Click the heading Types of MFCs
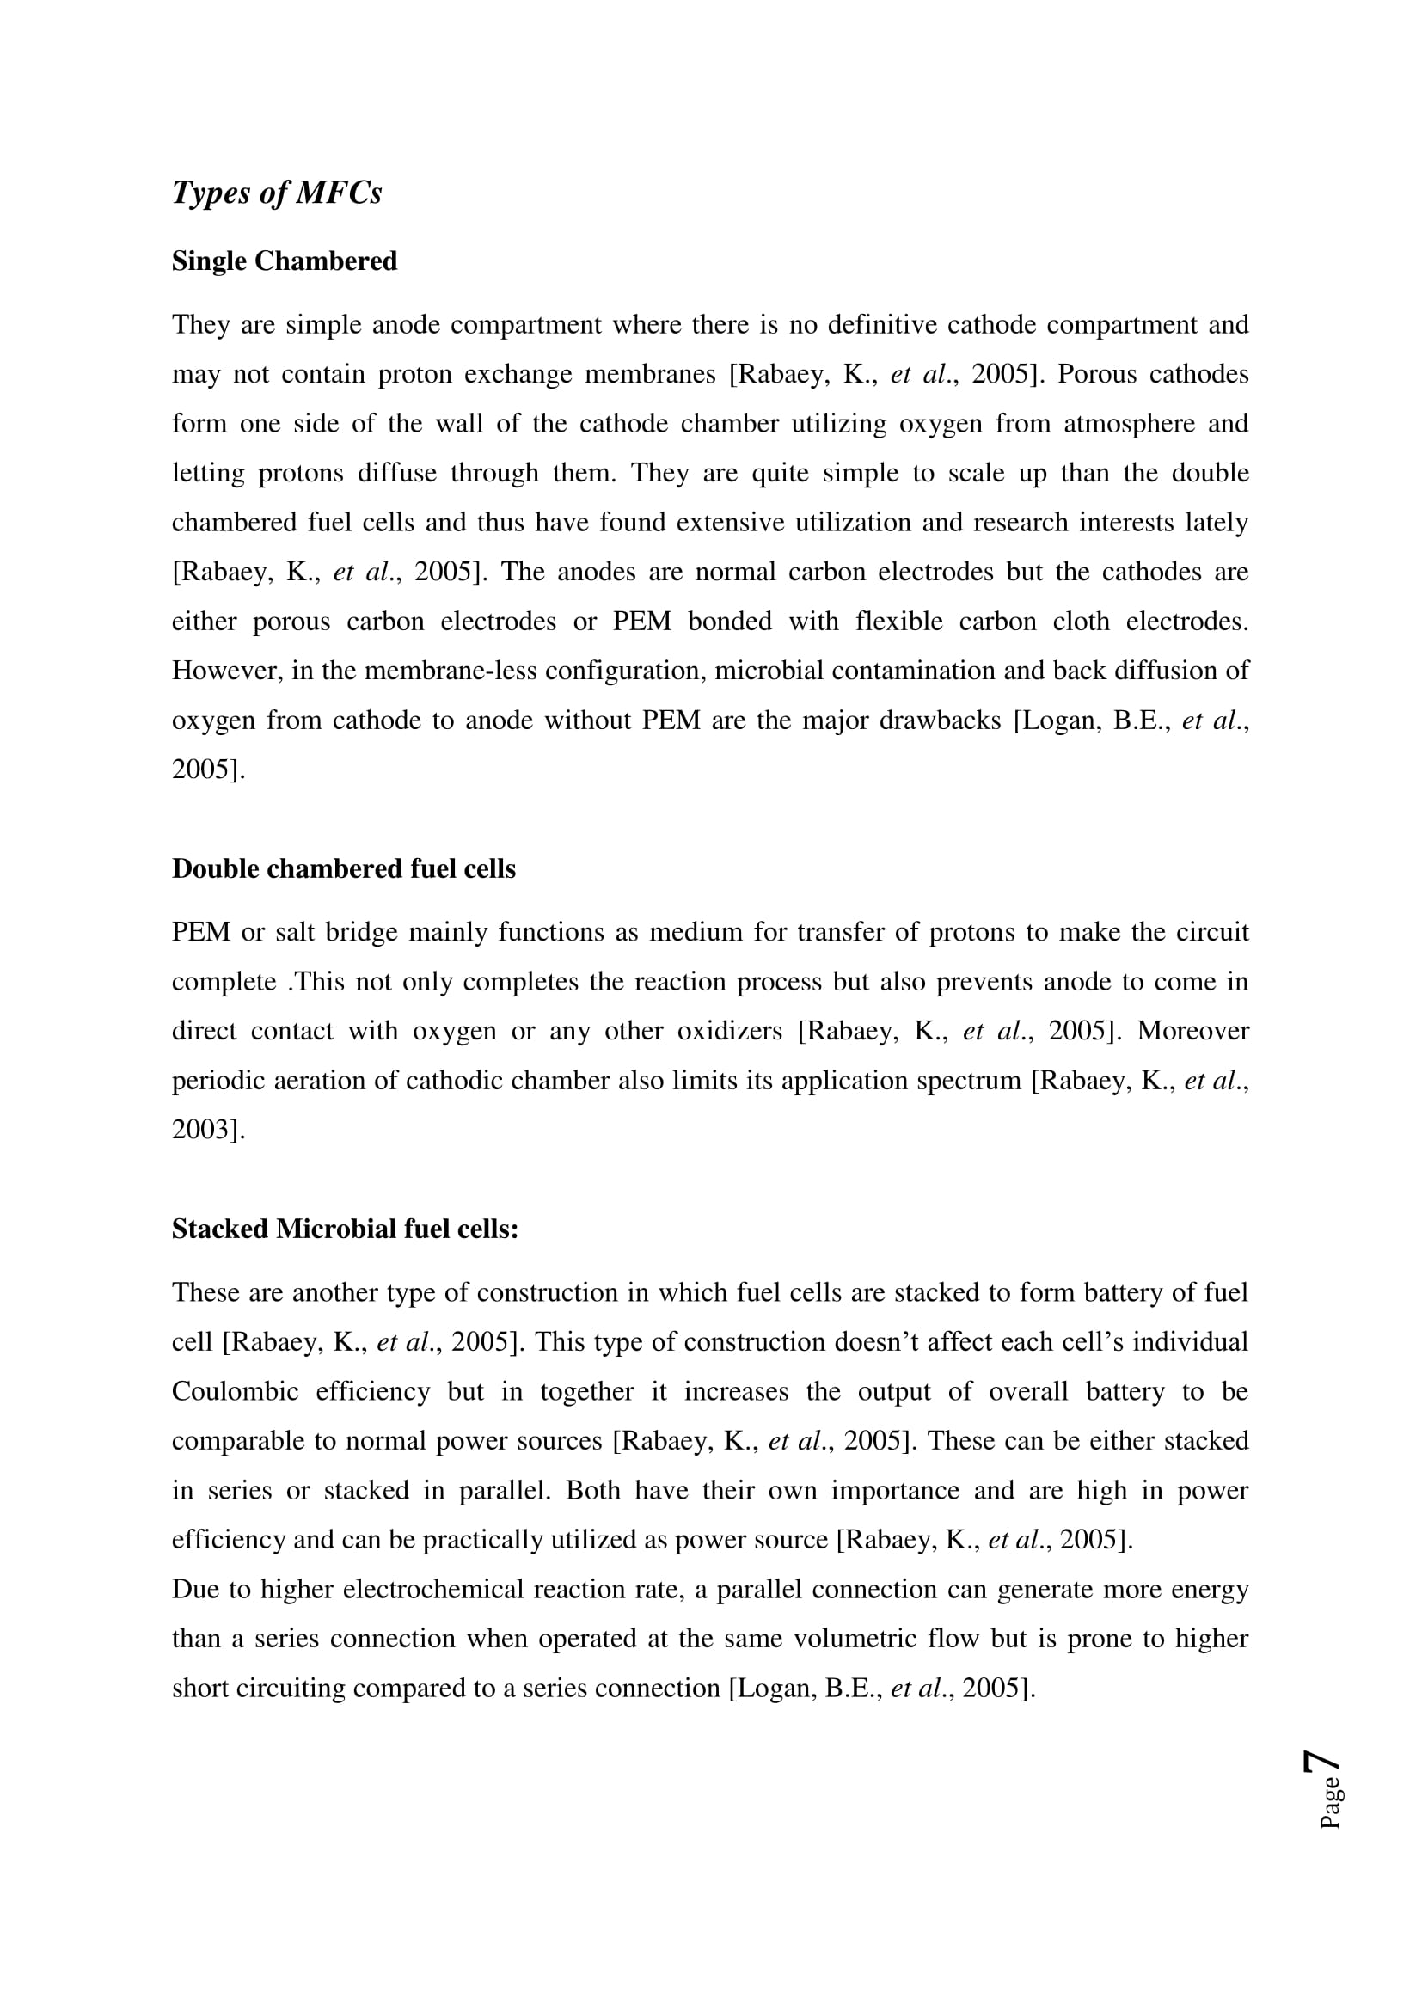coord(277,193)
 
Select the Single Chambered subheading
coord(285,261)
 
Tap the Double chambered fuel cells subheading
coord(343,868)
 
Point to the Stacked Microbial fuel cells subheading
coord(345,1229)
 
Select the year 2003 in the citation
coord(203,1130)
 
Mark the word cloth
coord(1079,622)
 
